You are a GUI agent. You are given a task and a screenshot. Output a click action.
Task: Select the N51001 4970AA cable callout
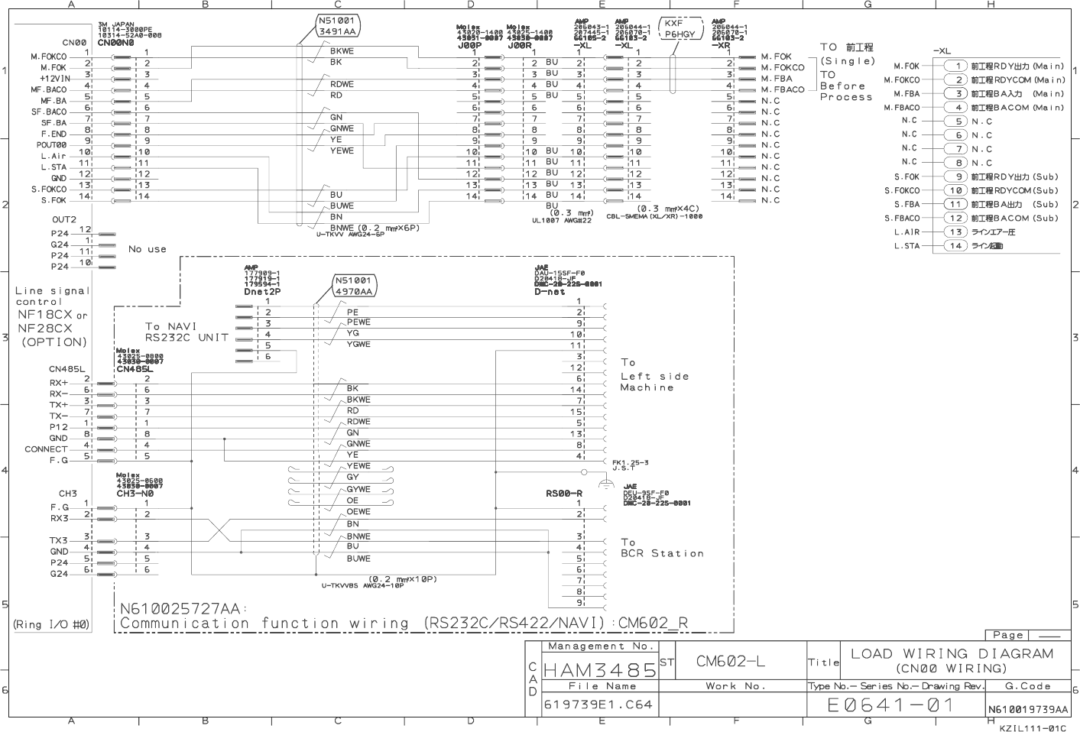[x=354, y=286]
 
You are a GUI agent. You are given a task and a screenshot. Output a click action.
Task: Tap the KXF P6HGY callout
[x=679, y=29]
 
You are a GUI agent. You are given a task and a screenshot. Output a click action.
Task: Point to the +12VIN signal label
[x=55, y=79]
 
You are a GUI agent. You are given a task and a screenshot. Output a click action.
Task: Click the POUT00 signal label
[x=52, y=145]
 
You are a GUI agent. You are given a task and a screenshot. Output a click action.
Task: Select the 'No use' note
[x=148, y=249]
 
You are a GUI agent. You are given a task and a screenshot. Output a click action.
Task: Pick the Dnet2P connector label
[x=262, y=292]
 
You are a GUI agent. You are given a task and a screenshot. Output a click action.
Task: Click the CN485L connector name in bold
[x=135, y=369]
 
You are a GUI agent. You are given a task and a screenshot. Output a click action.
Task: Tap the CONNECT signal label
[x=46, y=449]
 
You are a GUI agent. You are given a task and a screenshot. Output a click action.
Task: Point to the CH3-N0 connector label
[x=135, y=494]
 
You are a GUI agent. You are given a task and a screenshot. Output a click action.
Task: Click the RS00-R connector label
[x=564, y=494]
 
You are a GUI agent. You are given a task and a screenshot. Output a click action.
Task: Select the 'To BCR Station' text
[x=661, y=548]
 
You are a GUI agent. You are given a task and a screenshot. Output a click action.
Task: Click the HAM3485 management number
[x=600, y=671]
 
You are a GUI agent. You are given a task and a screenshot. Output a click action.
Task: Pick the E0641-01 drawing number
[x=891, y=705]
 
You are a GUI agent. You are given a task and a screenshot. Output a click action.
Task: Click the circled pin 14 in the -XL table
[x=955, y=246]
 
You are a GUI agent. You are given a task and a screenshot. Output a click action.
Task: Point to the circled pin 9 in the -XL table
[x=955, y=177]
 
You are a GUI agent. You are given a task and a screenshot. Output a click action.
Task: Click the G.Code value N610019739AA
[x=1028, y=710]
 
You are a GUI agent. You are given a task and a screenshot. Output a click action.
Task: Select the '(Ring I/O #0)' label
[x=51, y=624]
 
